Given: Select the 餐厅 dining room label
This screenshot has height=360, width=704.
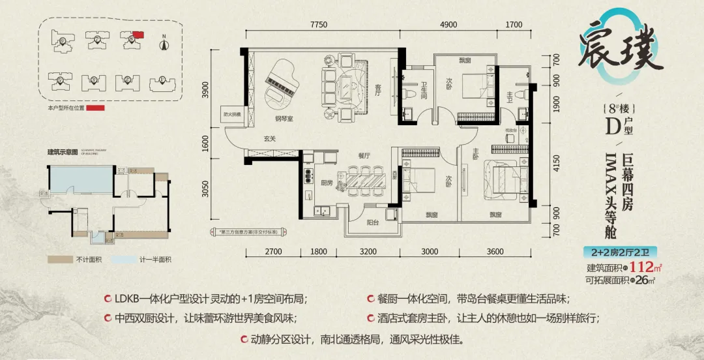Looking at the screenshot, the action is pyautogui.click(x=363, y=156).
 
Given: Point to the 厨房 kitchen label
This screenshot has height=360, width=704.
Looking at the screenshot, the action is pyautogui.click(x=324, y=183).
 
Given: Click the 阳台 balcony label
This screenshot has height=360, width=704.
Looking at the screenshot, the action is pyautogui.click(x=372, y=222).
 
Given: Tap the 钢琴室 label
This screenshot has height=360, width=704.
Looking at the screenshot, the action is pyautogui.click(x=282, y=119).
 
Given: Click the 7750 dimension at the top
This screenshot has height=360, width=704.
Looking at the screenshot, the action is pyautogui.click(x=319, y=25).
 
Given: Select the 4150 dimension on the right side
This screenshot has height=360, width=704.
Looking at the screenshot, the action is pyautogui.click(x=556, y=162).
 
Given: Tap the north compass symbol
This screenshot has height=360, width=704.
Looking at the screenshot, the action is pyautogui.click(x=165, y=43).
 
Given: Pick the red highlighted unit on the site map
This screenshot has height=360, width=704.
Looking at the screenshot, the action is pyautogui.click(x=138, y=37).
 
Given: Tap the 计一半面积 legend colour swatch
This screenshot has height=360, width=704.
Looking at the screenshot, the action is pyautogui.click(x=126, y=260).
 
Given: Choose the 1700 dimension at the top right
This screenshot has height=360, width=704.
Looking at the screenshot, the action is pyautogui.click(x=514, y=25).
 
